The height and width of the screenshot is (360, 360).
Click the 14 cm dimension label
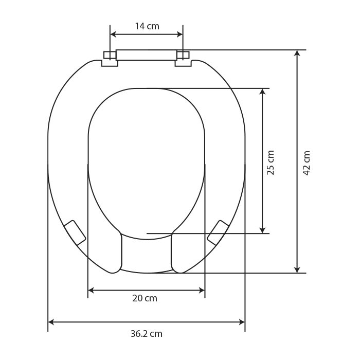click(x=147, y=26)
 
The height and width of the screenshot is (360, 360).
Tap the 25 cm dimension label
click(x=271, y=163)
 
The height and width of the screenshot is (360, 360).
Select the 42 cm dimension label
click(x=307, y=163)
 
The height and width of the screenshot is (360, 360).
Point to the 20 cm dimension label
click(x=145, y=298)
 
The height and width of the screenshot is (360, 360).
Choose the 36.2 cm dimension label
click(x=147, y=334)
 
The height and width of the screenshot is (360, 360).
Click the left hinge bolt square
click(x=110, y=55)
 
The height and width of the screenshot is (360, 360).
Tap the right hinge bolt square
click(x=183, y=55)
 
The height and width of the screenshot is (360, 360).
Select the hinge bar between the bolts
click(x=146, y=55)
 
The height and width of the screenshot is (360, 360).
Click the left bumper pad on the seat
click(x=75, y=232)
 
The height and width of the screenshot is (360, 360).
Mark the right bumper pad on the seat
click(x=218, y=232)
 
